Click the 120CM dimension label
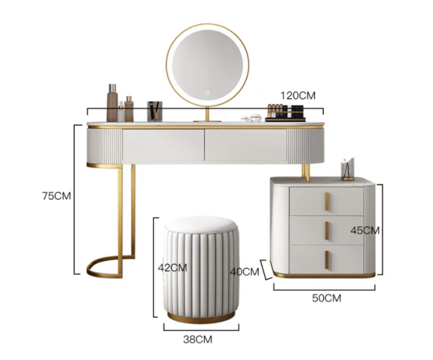(x=298, y=96)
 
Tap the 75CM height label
(x=56, y=196)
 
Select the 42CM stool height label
(x=172, y=267)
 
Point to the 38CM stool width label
(x=198, y=339)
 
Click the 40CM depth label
(x=245, y=272)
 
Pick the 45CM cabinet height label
(x=365, y=230)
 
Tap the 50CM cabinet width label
(x=327, y=298)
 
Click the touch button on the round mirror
(x=208, y=93)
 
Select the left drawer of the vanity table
(x=163, y=145)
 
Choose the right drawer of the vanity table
(x=246, y=145)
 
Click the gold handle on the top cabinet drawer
(x=327, y=202)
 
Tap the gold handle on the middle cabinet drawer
(x=327, y=231)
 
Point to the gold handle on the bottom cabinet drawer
(x=327, y=259)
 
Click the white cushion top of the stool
(x=201, y=224)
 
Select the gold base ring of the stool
(x=201, y=319)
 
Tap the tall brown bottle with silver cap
(x=112, y=103)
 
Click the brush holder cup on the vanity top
(x=154, y=111)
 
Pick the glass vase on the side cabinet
(x=348, y=169)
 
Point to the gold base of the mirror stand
(x=207, y=121)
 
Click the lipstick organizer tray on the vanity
(x=285, y=113)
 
